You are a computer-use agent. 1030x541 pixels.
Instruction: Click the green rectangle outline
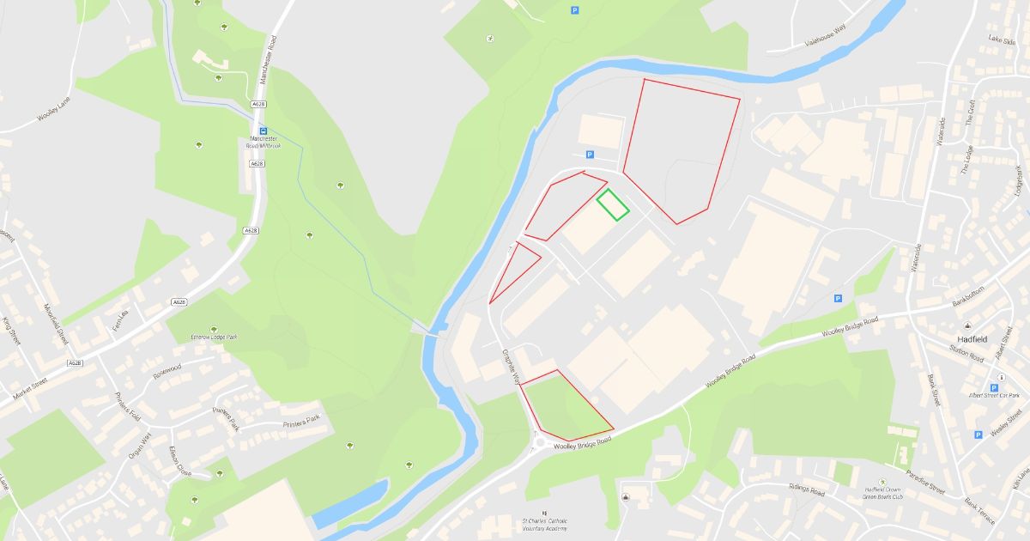[613, 204]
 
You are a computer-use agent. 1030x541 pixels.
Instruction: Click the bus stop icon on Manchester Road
[264, 131]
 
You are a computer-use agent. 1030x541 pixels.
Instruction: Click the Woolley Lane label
[53, 112]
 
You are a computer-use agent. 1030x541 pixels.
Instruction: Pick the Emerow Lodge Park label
[213, 337]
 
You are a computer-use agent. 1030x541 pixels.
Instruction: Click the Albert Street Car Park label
[994, 395]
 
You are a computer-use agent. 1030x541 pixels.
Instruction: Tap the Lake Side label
[1001, 40]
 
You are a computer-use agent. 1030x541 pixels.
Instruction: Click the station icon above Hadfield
[967, 325]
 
